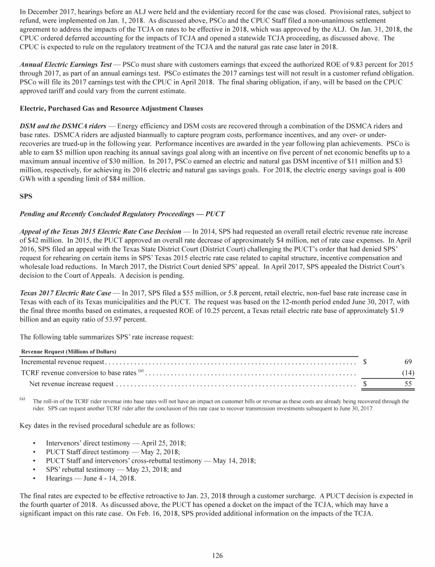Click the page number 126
[217, 556]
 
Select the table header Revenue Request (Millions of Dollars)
[68, 352]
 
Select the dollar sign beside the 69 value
[365, 362]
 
